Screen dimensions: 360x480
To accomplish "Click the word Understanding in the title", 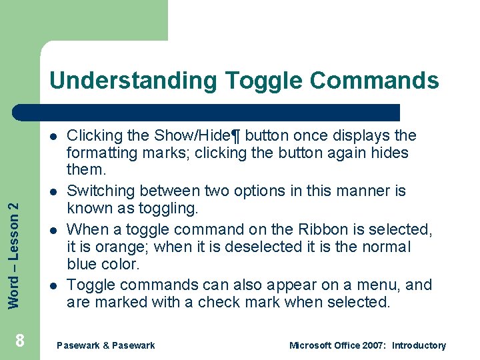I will coord(133,81).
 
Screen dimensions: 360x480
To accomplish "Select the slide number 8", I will coord(20,341).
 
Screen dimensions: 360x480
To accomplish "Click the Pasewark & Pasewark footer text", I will coord(106,345).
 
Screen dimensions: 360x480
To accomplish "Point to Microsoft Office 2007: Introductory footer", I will coord(367,345).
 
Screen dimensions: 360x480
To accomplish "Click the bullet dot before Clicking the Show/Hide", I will coord(53,136).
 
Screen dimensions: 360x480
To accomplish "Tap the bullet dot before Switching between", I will coord(53,191).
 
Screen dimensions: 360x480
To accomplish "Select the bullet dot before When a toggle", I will coord(53,230).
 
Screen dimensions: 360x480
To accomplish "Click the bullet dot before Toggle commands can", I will coord(53,285).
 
